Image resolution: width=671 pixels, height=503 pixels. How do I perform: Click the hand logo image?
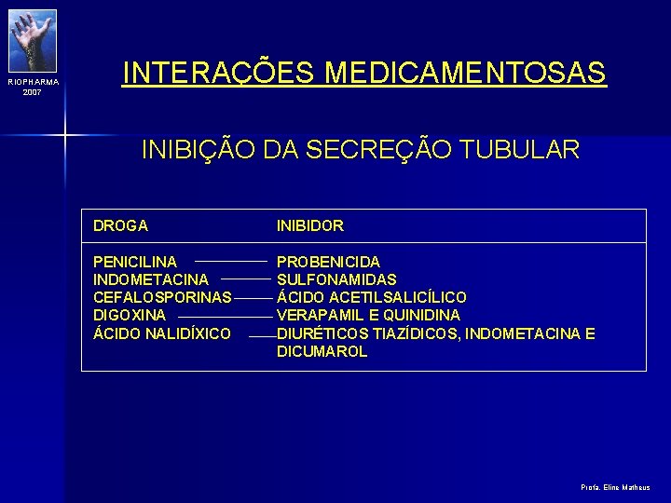33,39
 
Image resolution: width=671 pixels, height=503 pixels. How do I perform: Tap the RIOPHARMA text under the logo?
34,82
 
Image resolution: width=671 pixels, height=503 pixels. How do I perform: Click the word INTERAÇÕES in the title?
221,72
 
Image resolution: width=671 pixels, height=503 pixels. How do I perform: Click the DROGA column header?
120,225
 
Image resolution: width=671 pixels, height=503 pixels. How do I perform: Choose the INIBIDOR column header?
310,225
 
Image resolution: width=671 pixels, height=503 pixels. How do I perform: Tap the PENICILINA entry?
135,263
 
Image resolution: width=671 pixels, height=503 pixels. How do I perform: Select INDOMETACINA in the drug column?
151,279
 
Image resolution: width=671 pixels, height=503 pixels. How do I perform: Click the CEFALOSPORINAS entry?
162,298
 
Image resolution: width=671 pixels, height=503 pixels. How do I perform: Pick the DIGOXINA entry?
130,316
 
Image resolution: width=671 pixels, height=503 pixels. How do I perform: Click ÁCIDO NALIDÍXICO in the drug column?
162,333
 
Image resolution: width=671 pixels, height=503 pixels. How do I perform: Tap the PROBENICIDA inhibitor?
328,263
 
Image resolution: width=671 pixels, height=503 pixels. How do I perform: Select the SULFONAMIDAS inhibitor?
336,279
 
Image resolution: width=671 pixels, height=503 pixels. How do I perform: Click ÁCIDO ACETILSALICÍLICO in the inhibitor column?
372,298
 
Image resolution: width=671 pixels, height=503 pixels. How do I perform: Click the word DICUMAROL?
322,352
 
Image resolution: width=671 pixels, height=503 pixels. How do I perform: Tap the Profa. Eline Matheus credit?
616,487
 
